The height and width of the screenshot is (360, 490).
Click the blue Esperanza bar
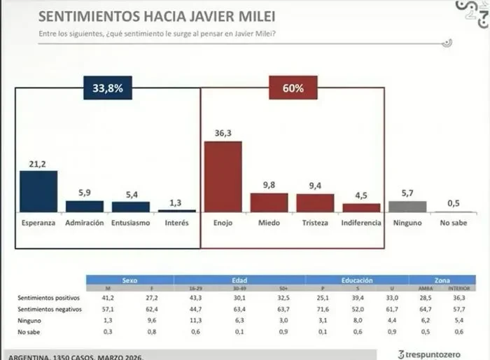(38, 191)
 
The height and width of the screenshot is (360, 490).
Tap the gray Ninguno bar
(407, 206)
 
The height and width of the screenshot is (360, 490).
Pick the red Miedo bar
(269, 202)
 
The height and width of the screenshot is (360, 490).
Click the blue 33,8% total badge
(108, 88)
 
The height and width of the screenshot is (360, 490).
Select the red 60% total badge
(293, 88)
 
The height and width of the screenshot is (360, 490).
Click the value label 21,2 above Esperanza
(38, 162)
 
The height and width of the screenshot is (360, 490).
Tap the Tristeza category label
(315, 223)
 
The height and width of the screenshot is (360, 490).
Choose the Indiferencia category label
(361, 223)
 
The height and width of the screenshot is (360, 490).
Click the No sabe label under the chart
(453, 223)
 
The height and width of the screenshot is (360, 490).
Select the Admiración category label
(84, 223)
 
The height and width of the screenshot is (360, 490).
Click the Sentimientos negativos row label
(50, 308)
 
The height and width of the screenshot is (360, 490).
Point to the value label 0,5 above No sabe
(453, 203)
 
